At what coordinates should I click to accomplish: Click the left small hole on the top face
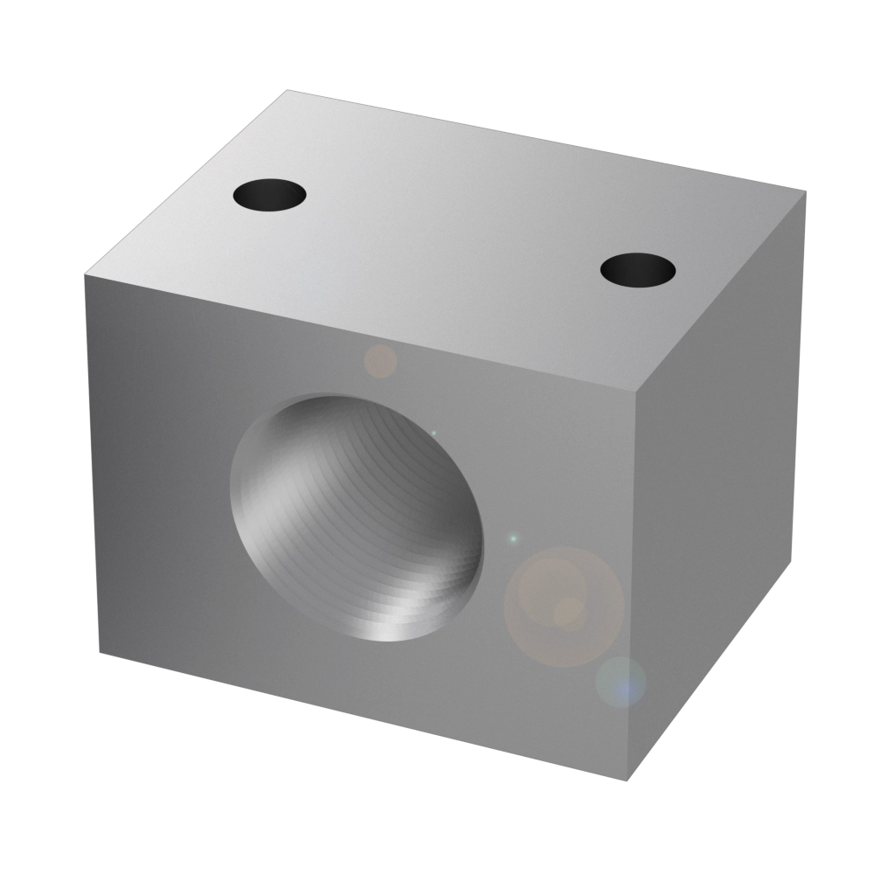pos(270,193)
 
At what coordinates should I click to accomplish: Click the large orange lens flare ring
pos(565,606)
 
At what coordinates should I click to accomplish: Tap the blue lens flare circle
pos(621,682)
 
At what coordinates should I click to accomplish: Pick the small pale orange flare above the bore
pos(380,361)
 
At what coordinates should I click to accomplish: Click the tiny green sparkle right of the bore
pos(513,538)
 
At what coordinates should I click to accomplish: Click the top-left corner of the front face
pos(85,274)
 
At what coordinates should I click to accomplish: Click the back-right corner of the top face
pos(803,190)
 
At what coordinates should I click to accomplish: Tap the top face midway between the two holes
pos(454,232)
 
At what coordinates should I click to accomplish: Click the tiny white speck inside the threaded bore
pos(434,433)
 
